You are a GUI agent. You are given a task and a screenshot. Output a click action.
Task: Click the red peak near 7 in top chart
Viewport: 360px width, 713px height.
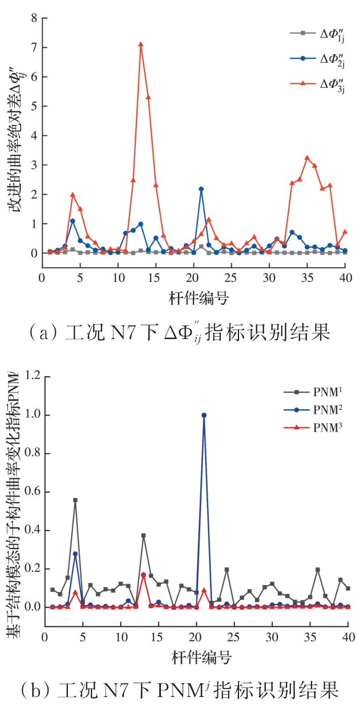click(x=140, y=44)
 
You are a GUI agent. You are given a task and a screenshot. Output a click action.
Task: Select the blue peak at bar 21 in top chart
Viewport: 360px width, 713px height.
click(x=201, y=189)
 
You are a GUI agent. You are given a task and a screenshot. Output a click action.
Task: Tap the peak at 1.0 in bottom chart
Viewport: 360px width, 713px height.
click(x=204, y=415)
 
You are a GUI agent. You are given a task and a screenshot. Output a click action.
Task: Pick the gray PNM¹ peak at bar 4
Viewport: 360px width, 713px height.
click(x=75, y=500)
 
